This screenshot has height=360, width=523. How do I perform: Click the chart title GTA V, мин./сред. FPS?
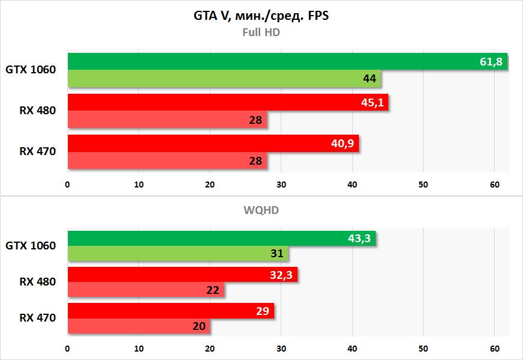[x=261, y=16]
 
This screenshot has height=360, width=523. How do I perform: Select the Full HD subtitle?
[x=261, y=32]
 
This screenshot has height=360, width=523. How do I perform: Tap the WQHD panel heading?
[x=261, y=210]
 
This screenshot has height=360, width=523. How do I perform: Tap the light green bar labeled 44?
[x=224, y=79]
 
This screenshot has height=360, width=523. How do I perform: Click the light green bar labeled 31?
[x=177, y=254]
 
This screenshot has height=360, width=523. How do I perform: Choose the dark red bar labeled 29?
[x=170, y=311]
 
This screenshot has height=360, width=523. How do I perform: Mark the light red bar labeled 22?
[x=145, y=290]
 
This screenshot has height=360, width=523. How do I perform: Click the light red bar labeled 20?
[x=138, y=326]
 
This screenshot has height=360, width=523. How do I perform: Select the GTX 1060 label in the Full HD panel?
[x=31, y=70]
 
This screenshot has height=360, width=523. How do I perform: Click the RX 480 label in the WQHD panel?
[x=37, y=281]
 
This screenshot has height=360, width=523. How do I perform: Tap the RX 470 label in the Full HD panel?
[x=37, y=151]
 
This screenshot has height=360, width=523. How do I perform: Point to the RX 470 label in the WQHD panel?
[x=37, y=317]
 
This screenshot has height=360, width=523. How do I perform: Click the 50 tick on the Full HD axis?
[x=423, y=185]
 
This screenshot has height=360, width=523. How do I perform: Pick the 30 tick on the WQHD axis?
[x=281, y=348]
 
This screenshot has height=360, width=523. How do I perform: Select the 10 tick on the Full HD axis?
[x=139, y=185]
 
